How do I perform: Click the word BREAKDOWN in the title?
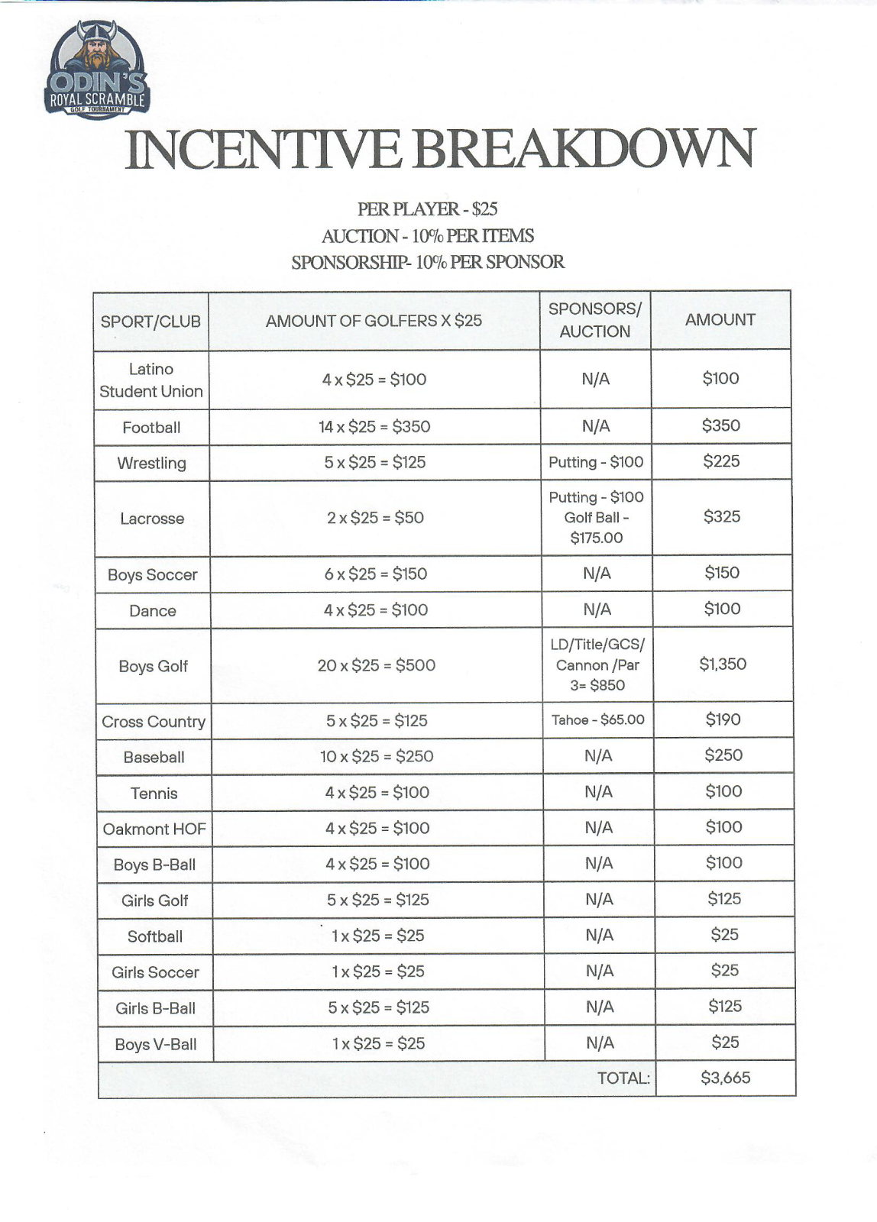[x=584, y=149]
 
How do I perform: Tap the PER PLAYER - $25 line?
[x=427, y=209]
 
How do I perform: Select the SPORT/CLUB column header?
[x=150, y=322]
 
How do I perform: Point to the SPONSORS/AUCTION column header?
[x=595, y=320]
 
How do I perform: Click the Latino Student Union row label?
[x=151, y=380]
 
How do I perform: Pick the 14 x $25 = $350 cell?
[x=374, y=426]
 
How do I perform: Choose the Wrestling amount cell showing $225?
[x=721, y=461]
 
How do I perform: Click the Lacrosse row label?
[x=152, y=519]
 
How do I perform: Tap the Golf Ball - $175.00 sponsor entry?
[x=597, y=528]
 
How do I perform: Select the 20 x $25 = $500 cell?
[x=377, y=665]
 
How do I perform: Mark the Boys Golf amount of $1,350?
[x=723, y=664]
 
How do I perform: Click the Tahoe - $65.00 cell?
[x=598, y=719]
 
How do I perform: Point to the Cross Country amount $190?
[x=723, y=719]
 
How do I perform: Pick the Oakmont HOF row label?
[x=154, y=829]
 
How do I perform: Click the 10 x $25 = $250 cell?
[x=377, y=756]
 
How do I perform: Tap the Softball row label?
[x=155, y=936]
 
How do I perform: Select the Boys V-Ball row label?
[x=156, y=1044]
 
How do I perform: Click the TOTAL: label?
[x=623, y=1078]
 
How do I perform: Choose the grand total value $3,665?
[x=725, y=1078]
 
